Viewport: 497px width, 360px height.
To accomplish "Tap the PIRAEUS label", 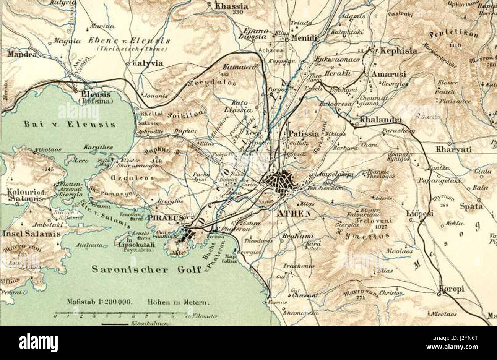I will (x=166, y=217).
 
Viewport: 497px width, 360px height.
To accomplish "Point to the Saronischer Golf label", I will (x=146, y=269).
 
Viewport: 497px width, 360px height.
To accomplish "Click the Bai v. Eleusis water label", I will (x=69, y=124).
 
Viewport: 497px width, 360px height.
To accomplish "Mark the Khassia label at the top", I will (x=232, y=6).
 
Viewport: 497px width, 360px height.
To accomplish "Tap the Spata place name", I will (x=471, y=206).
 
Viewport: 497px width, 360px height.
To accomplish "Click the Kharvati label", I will (x=453, y=149).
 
